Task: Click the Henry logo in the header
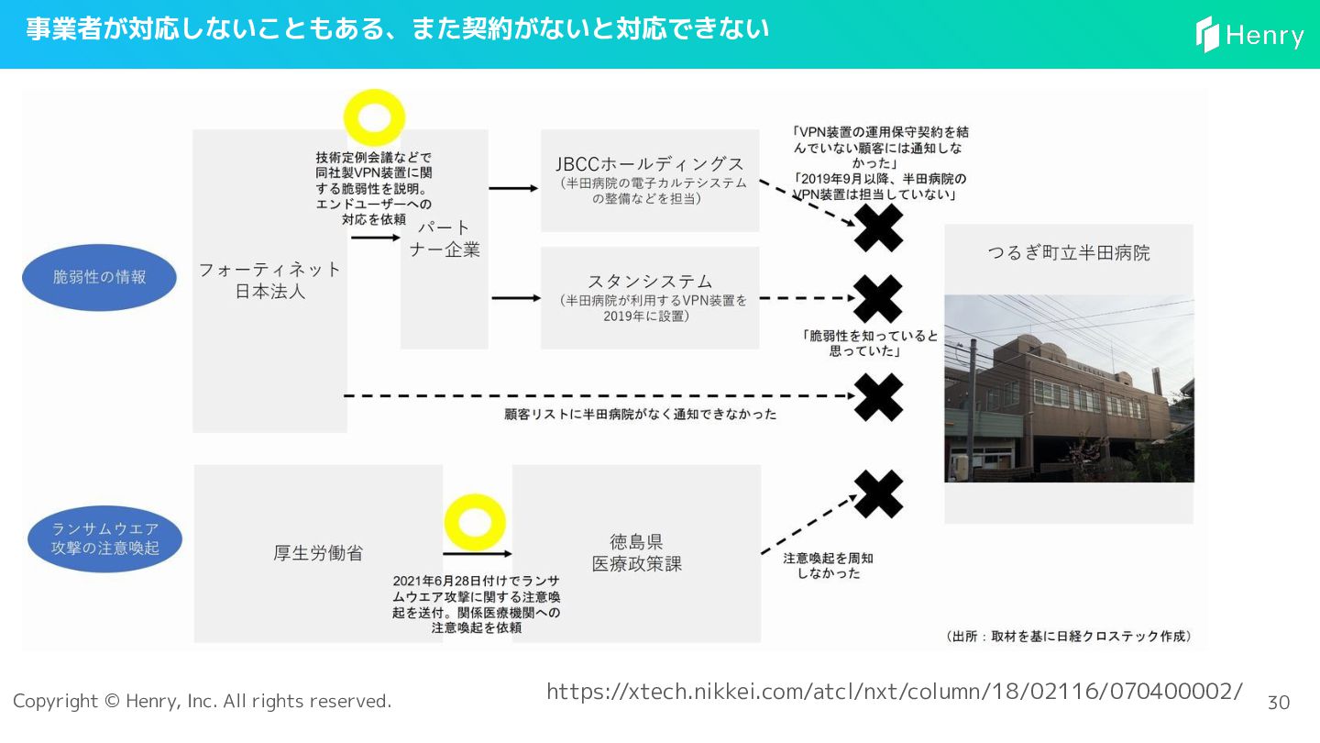pos(1250,35)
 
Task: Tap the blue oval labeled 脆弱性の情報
pos(99,277)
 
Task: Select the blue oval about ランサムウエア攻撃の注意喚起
pos(105,539)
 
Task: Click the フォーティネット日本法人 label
pos(269,281)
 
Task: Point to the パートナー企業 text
pos(445,238)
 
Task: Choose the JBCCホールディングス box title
pos(650,164)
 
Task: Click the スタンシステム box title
pos(650,281)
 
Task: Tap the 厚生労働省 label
pos(318,553)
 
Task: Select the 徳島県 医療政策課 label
pos(636,553)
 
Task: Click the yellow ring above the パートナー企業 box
pos(374,118)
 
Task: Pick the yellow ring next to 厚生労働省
pos(475,522)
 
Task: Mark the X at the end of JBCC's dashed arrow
pos(878,227)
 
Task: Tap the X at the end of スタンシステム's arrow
pos(878,298)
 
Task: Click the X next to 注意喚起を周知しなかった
pos(878,493)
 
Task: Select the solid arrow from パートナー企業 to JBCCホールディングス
pos(513,188)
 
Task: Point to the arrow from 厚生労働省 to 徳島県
pos(477,554)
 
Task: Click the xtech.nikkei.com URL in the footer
pos(895,692)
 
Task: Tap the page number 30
pos(1278,703)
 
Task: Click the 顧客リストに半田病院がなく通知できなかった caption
pos(640,415)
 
